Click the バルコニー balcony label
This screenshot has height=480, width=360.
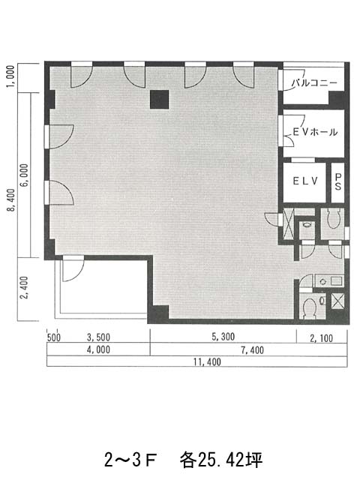coord(314,82)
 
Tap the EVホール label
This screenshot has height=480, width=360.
coord(315,132)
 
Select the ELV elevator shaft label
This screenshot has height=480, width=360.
coord(305,181)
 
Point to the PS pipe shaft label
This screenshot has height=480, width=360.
coord(338,181)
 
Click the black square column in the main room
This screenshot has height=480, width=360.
coord(159,100)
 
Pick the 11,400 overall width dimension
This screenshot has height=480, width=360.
coord(207,361)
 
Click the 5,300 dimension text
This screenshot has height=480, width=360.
coord(223,337)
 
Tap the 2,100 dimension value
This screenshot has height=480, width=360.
coord(321,338)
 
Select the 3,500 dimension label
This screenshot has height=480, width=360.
coord(98,337)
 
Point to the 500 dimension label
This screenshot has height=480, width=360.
coord(54,337)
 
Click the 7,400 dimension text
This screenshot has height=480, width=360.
coord(252,350)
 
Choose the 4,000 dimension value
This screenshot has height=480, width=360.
coord(98,349)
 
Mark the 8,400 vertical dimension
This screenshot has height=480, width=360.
coord(11,200)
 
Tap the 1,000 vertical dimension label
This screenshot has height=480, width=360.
coord(10,76)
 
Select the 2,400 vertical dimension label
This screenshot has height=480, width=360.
coord(24,288)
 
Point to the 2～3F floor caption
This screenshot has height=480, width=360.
coord(130,460)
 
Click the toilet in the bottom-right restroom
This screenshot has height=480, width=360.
coord(309,307)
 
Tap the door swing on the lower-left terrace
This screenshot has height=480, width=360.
coord(73,271)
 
